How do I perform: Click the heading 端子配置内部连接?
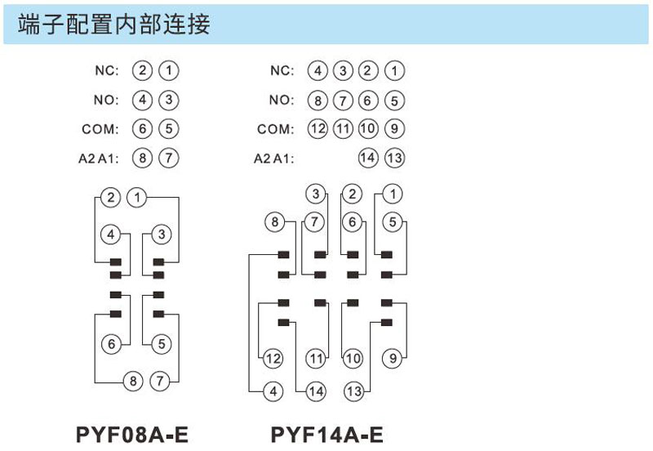(113, 24)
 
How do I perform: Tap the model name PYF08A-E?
(132, 435)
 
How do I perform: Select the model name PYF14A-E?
(327, 435)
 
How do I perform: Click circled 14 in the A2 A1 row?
(368, 158)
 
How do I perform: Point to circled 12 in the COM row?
(318, 128)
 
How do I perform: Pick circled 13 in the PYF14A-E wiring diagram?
(354, 391)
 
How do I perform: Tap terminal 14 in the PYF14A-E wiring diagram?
(316, 391)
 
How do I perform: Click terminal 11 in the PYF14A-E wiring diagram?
(316, 358)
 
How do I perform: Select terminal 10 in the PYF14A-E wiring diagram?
(353, 358)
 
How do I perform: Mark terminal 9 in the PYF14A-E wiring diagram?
(393, 358)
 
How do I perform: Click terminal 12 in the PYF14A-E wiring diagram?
(273, 358)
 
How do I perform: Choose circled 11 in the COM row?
(343, 128)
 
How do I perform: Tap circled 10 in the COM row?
(368, 128)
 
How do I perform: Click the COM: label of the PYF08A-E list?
(100, 129)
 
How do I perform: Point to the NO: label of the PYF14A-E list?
(282, 100)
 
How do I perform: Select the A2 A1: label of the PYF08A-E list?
(99, 159)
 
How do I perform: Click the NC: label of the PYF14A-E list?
(282, 70)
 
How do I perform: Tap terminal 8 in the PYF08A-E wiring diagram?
(133, 381)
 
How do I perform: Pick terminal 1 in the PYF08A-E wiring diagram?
(137, 197)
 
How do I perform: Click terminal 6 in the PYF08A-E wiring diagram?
(111, 344)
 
